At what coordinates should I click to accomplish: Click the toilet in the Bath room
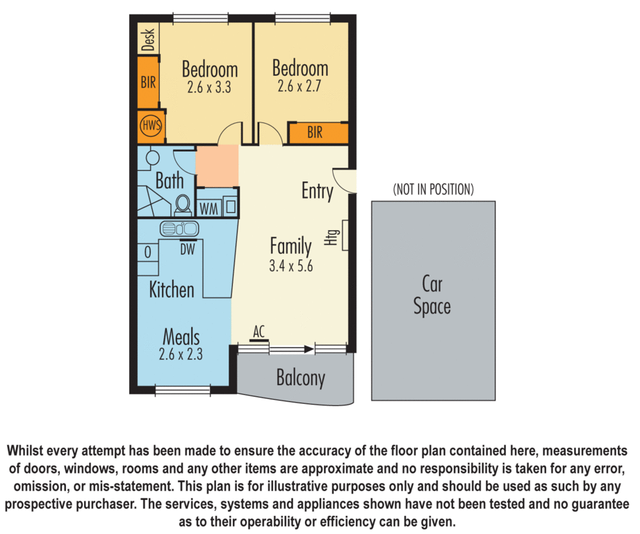point(183,204)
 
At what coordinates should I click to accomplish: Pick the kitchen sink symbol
point(180,227)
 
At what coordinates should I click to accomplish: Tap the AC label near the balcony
point(259,333)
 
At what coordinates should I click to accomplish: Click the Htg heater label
point(334,238)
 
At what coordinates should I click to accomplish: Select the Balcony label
point(301,379)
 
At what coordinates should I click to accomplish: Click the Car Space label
point(432,295)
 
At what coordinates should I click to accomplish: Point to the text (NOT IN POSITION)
point(433,189)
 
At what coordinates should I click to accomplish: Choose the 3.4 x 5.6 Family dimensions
point(290,264)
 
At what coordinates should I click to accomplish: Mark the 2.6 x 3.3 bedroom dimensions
point(209,88)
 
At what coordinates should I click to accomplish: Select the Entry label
point(317,191)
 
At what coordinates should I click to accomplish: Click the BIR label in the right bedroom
point(315,133)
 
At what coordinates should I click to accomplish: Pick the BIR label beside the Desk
point(148,82)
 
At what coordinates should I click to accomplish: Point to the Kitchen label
point(172,289)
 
